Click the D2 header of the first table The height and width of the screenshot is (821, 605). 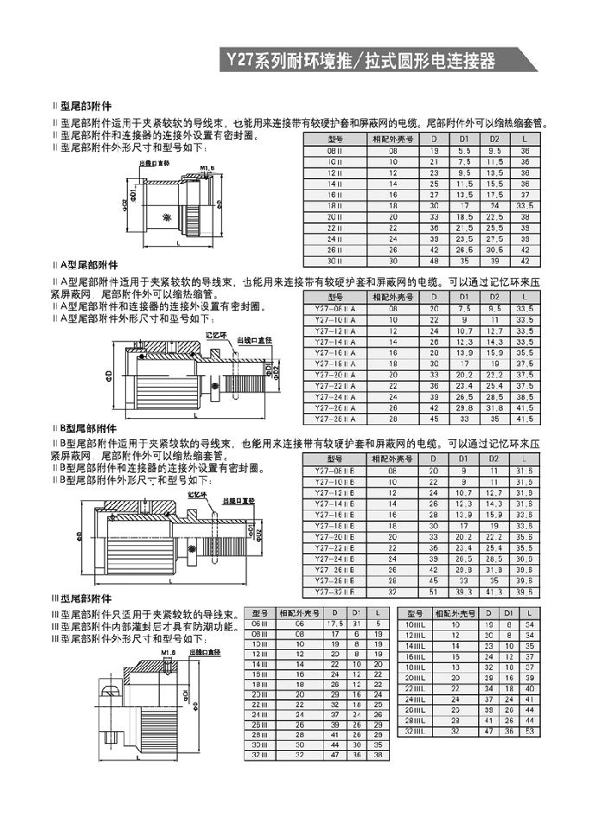pos(495,138)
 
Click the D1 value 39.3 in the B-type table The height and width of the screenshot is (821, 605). pos(464,593)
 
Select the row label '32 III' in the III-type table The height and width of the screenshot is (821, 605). pos(259,754)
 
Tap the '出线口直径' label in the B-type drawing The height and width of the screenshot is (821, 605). pos(239,500)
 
